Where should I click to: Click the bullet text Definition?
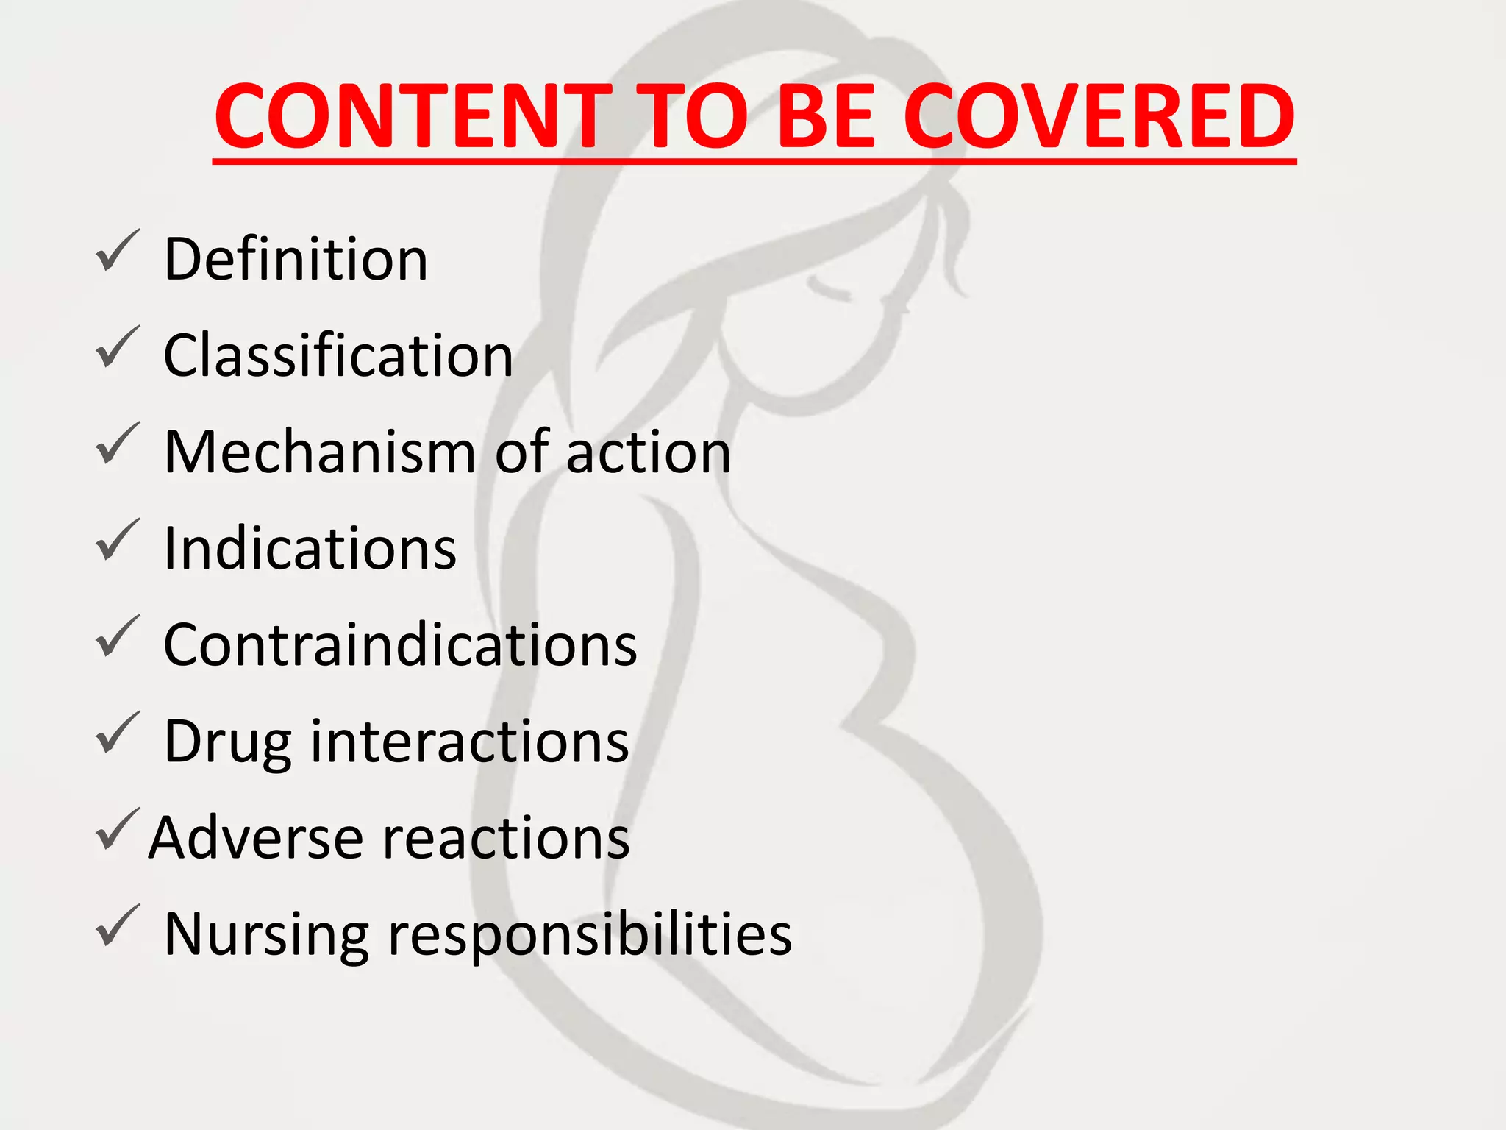pos(296,259)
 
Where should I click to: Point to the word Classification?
pos(338,355)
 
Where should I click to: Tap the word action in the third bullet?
pos(649,452)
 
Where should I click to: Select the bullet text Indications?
pos(310,549)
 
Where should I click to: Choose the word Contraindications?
pos(400,645)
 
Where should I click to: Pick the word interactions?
pos(470,742)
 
